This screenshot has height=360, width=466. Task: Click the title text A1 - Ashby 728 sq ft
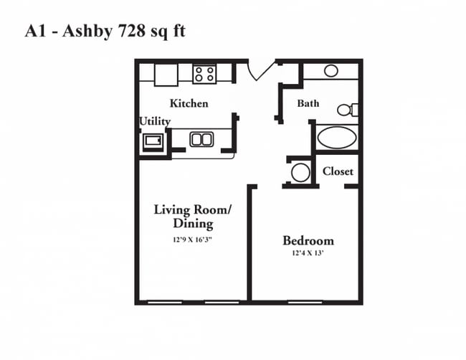[105, 31]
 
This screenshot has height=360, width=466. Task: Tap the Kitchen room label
[189, 103]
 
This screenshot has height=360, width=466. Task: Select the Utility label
[154, 121]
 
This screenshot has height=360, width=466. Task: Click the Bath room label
[308, 103]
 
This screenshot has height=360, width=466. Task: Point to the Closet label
[337, 171]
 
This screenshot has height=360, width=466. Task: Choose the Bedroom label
[308, 240]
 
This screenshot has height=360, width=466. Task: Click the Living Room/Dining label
[193, 217]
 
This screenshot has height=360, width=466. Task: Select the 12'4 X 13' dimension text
[308, 253]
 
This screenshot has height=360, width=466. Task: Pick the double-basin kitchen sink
[201, 139]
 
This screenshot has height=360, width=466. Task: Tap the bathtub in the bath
[336, 136]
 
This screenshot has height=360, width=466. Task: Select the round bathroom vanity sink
[331, 70]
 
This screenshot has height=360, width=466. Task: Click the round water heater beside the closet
[300, 172]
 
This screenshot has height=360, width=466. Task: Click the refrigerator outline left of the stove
[166, 73]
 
